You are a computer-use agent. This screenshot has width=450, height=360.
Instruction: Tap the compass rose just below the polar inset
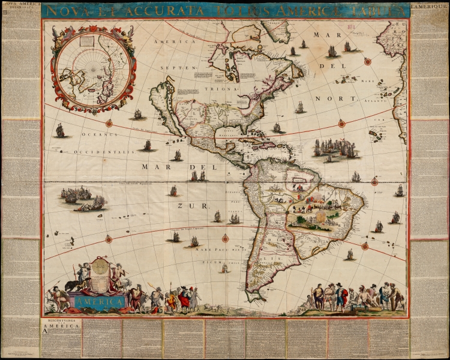109,124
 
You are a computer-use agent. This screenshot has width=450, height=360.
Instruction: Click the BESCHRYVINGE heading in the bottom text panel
56,322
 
